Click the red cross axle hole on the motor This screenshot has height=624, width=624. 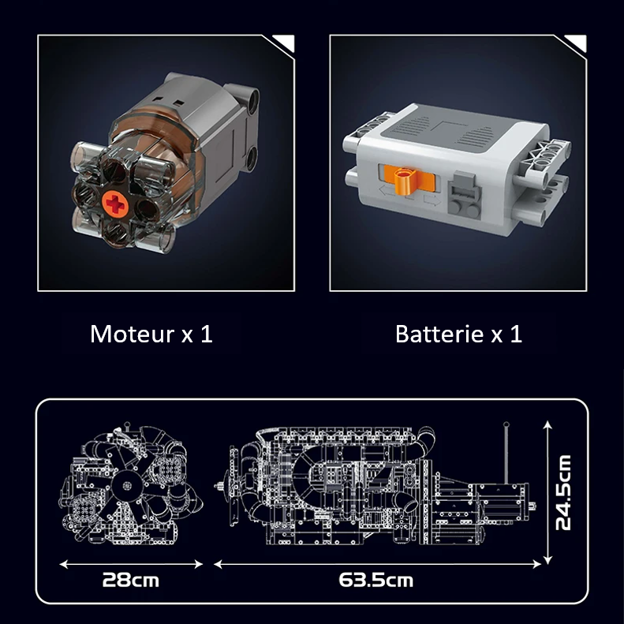coord(115,203)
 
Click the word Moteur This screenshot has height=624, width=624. coord(133,334)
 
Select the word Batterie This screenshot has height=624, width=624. coord(439,334)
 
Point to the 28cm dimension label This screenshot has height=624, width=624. coord(130,581)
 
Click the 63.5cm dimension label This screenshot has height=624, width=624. coord(376,581)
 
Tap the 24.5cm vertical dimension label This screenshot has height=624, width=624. coord(563,492)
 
